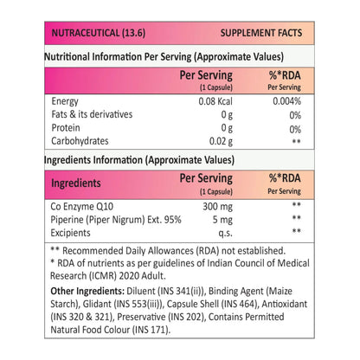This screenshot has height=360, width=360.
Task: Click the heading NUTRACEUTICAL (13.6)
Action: (x=99, y=33)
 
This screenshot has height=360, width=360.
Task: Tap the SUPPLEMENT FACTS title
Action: (x=261, y=33)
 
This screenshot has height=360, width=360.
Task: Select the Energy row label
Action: (x=65, y=101)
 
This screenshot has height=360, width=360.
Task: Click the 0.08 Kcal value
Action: (x=215, y=101)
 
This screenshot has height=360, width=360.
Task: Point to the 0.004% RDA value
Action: (x=286, y=101)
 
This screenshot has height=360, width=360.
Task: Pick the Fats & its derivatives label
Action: (x=92, y=114)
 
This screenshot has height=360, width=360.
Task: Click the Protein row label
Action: (x=66, y=127)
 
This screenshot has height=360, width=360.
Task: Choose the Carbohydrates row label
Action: (x=80, y=141)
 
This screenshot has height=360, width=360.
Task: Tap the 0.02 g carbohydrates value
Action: (x=221, y=141)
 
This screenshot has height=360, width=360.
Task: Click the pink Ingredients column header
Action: (x=76, y=183)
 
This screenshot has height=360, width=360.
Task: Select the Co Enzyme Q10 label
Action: (x=82, y=207)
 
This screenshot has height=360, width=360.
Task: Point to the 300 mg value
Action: (x=217, y=207)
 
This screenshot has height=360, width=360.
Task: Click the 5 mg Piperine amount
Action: (x=222, y=220)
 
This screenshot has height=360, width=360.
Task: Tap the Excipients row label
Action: (x=70, y=233)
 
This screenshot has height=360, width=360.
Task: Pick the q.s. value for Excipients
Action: (x=225, y=233)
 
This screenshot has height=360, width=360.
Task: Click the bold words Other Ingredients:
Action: (x=87, y=291)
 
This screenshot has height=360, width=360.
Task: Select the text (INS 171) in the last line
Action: (x=151, y=330)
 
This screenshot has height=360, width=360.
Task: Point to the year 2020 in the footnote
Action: (x=129, y=276)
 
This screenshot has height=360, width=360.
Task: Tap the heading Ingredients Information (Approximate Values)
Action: (x=139, y=160)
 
